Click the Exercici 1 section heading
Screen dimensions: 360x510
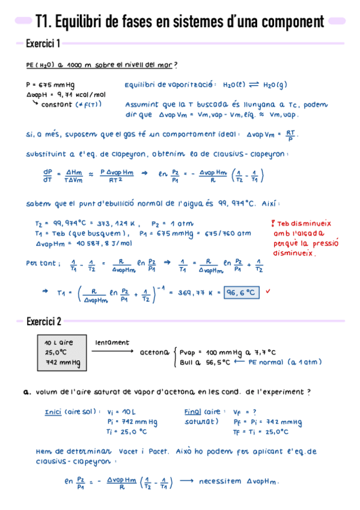click(x=43, y=44)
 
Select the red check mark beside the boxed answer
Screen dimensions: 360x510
click(x=267, y=291)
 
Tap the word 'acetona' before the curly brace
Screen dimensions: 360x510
click(x=154, y=352)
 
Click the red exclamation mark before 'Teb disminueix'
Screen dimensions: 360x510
click(x=273, y=223)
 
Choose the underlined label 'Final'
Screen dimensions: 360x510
click(x=193, y=412)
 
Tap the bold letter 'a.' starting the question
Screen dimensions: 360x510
click(x=26, y=392)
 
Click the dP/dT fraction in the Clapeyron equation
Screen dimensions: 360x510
click(x=47, y=174)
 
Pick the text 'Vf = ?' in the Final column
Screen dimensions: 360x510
click(x=245, y=412)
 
